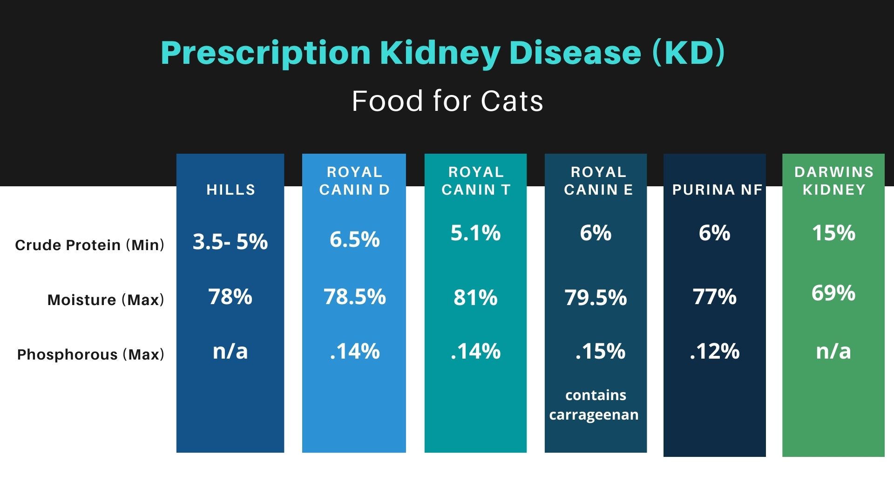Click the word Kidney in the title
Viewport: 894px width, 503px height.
(x=440, y=53)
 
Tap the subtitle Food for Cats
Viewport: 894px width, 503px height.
(x=447, y=101)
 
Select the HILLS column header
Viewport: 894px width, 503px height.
(x=231, y=190)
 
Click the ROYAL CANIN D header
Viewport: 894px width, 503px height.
(x=354, y=181)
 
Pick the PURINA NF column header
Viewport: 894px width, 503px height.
(x=717, y=190)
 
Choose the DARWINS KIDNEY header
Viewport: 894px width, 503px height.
(x=833, y=181)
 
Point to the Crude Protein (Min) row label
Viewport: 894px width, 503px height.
(x=89, y=245)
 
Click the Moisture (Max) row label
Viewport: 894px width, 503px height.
(x=106, y=300)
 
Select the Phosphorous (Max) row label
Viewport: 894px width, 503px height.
(x=90, y=355)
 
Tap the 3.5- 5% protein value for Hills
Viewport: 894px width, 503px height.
(x=230, y=242)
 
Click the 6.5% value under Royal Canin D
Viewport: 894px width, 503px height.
(x=354, y=239)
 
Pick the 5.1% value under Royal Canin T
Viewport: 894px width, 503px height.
(x=475, y=233)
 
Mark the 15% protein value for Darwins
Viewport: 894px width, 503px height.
(x=833, y=233)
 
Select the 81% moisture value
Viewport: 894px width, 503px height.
(x=475, y=298)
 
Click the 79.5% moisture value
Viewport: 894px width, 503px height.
(x=596, y=298)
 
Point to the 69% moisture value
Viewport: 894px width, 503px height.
(x=833, y=293)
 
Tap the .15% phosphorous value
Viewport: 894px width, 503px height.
(x=600, y=351)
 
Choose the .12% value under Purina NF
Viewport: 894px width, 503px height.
(x=714, y=351)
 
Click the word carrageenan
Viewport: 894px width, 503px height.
(x=594, y=415)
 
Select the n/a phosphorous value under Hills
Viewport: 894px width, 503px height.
(x=230, y=351)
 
